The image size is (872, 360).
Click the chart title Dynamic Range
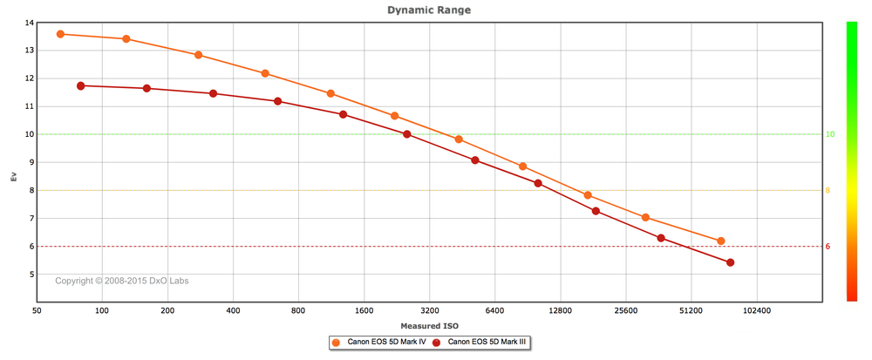(429, 10)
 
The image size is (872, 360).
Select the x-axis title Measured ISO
(429, 325)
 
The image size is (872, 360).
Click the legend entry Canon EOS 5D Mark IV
(378, 343)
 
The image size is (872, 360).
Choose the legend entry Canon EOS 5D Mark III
(479, 343)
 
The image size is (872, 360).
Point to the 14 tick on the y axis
(30, 23)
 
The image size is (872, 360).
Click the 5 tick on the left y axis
(31, 275)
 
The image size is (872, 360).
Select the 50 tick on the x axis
(37, 310)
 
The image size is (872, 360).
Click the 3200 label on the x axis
(429, 310)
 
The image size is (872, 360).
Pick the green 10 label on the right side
(830, 134)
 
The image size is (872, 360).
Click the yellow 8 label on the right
(828, 191)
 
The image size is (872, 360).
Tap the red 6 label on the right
(828, 247)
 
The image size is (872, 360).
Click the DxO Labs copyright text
(122, 281)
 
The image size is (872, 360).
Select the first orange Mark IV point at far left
(61, 34)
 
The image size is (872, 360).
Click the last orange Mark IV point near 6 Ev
(721, 241)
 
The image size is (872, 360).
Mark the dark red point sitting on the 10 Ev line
(407, 134)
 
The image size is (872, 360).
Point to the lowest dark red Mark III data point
(730, 262)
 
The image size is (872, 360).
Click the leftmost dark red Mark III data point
(80, 85)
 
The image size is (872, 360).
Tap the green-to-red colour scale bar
(851, 161)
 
